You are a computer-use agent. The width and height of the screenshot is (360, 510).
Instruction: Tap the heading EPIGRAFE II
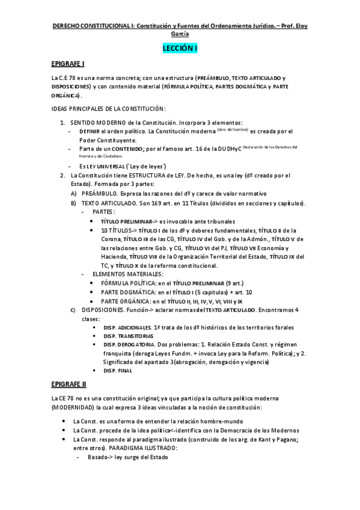(x=70, y=383)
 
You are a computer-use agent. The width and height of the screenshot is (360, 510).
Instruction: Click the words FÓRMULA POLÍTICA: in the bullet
(x=128, y=283)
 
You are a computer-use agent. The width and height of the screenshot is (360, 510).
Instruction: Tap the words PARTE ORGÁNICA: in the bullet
(x=126, y=301)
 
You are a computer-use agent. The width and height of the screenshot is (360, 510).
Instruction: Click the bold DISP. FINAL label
(x=117, y=370)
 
